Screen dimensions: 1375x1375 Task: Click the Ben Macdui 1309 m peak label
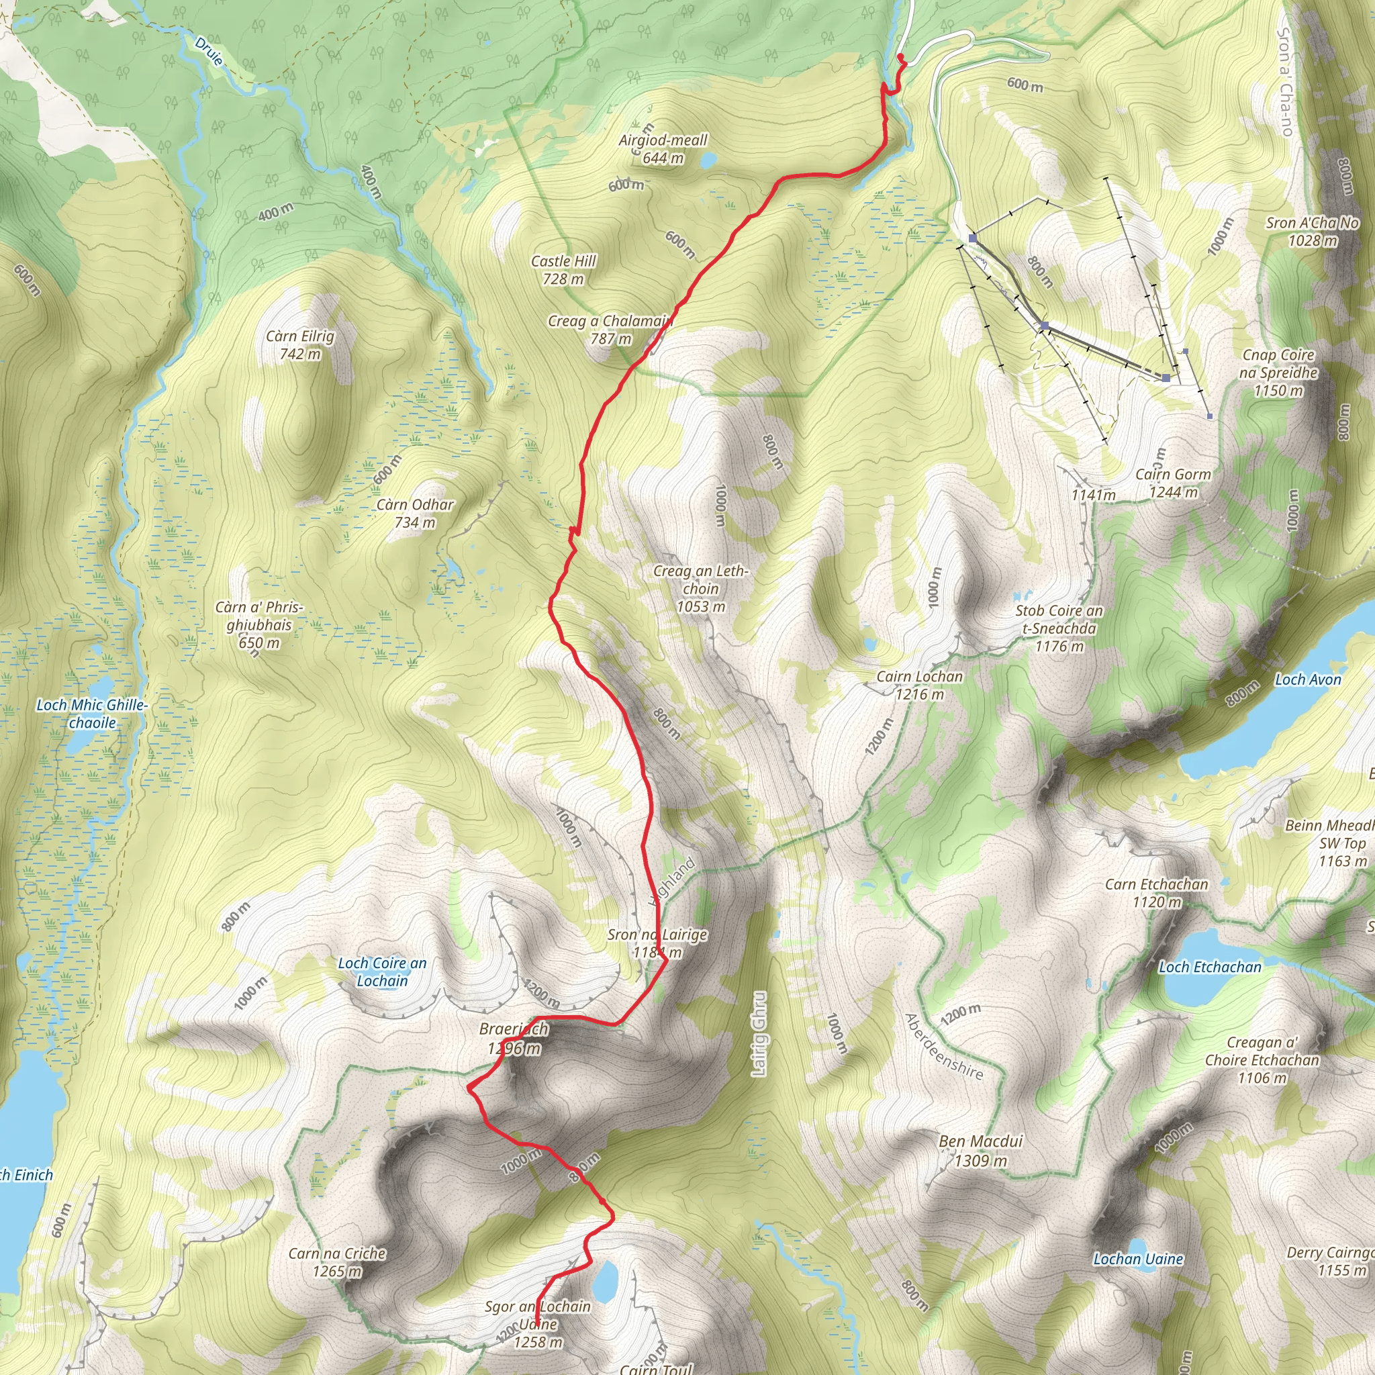(980, 1151)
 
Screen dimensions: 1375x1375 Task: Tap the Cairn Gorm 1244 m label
(1173, 483)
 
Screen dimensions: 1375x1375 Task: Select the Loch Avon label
(1307, 679)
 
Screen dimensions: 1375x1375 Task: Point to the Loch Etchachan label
(1210, 967)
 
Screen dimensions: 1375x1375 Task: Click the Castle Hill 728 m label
(564, 271)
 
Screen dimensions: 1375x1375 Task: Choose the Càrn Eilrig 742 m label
(299, 345)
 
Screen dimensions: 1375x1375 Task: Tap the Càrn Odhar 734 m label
(415, 513)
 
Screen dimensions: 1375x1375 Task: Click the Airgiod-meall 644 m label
(663, 149)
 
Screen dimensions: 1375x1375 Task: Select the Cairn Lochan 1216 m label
(920, 685)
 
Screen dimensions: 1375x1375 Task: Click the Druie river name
(209, 51)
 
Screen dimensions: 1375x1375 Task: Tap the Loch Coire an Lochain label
(382, 971)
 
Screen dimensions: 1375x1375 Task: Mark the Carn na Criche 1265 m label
(337, 1262)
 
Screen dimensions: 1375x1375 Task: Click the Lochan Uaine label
(1138, 1259)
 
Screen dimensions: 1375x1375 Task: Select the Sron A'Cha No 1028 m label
(1313, 232)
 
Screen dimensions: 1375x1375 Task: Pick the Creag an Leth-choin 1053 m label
(701, 589)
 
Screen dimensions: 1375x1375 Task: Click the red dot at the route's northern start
(900, 56)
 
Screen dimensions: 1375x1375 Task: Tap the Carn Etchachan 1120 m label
(1157, 893)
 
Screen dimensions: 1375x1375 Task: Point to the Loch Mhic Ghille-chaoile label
(92, 714)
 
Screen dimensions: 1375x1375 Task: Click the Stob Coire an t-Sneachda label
(1059, 628)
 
